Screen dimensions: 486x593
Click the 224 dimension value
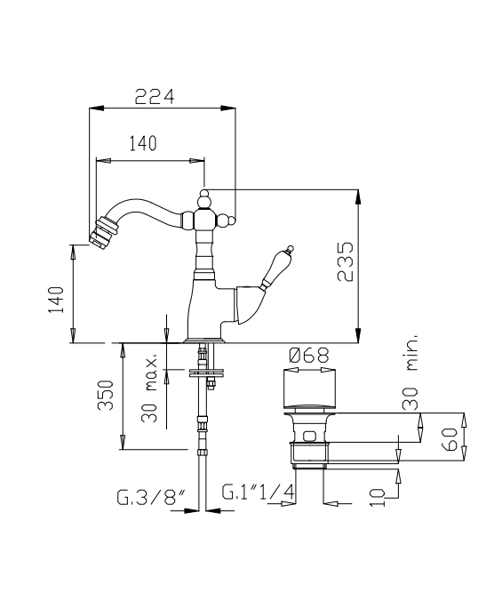point(155,96)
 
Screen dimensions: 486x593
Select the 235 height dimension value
point(346,261)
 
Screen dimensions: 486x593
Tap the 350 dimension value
point(106,395)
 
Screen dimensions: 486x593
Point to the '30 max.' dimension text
point(149,389)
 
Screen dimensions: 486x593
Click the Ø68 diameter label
point(309,356)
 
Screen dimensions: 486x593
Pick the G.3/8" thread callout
point(151,497)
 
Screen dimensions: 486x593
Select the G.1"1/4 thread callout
point(258,492)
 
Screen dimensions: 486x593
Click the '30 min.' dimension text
point(410,373)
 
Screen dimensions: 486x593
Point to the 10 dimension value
point(377,497)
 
